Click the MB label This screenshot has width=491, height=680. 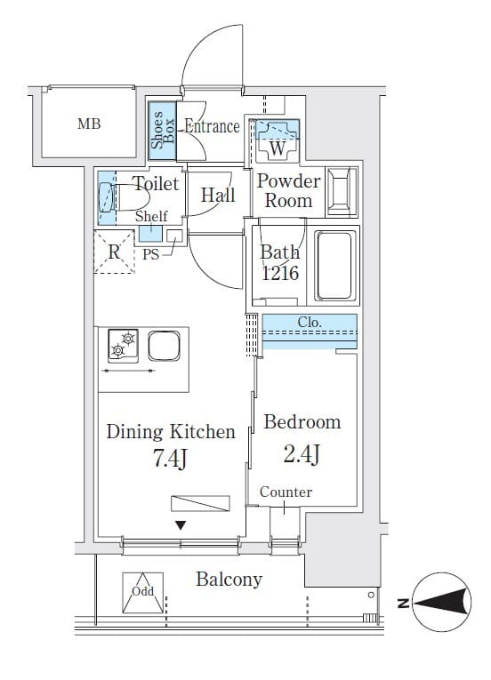pos(89,124)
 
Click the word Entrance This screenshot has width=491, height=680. pos(212,126)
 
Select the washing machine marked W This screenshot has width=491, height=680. pos(277,141)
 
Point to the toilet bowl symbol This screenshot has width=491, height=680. pos(125,197)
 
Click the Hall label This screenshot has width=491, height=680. pos(218,196)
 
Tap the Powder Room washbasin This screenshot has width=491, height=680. pos(342,192)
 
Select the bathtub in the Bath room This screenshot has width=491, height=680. pos(334,266)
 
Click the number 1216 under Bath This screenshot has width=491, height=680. pos(280,273)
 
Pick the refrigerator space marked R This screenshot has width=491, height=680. pos(114,252)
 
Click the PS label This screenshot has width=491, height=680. pos(151,254)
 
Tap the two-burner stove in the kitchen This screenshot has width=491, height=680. pos(124,346)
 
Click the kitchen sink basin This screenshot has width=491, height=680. pos(164,346)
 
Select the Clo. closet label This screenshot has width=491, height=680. pos(310,322)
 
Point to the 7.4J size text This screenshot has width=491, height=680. pos(170,459)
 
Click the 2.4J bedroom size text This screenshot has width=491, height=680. pos(302,454)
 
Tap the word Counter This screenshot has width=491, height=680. pos(286,492)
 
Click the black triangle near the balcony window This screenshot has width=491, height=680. pos(181,525)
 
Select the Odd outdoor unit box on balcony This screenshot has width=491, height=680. pos(143,593)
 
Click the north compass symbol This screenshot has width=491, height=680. pos(441,602)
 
